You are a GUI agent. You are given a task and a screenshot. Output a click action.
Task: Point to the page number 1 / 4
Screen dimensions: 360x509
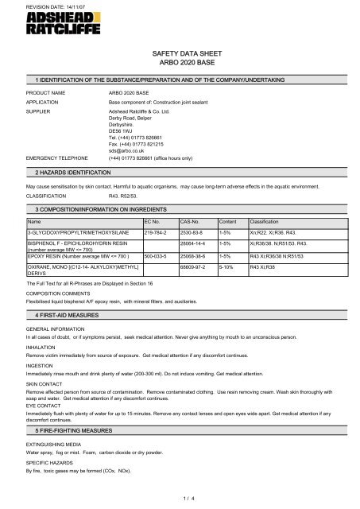tap(180, 495)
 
